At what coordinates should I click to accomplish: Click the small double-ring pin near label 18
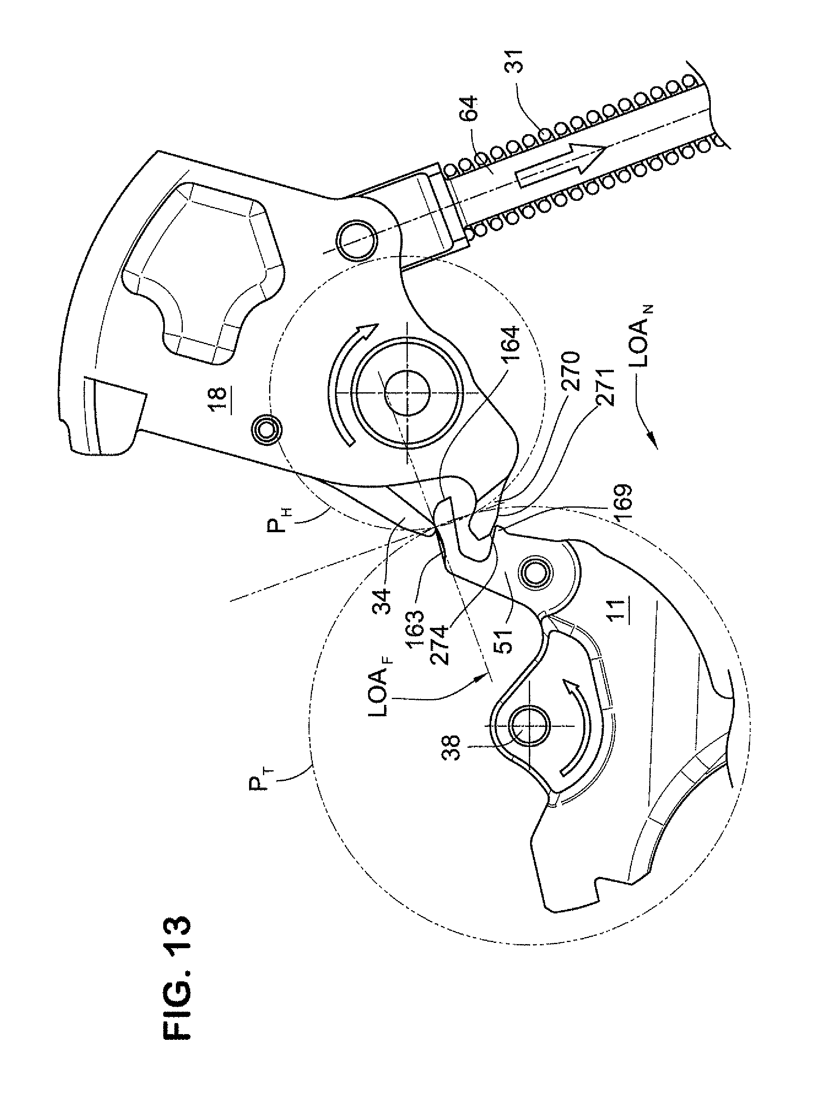point(267,430)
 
